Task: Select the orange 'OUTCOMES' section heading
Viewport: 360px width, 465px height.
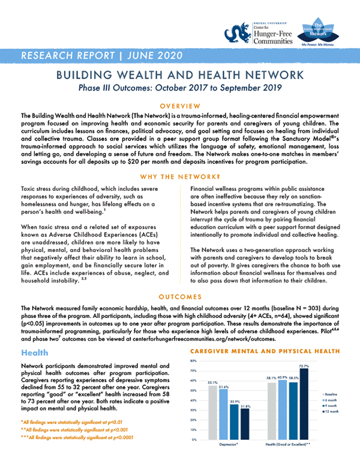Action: (x=179, y=296)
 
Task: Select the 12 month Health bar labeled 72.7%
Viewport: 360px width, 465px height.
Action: (x=304, y=404)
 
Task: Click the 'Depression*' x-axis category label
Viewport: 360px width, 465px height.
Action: (x=229, y=445)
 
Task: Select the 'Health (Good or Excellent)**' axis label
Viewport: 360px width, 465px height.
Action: (x=287, y=445)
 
